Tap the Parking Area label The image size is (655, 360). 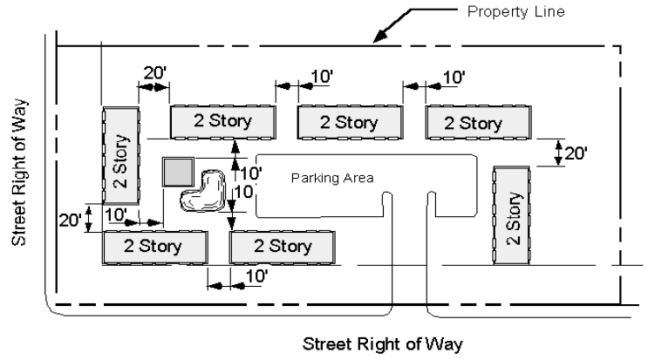pyautogui.click(x=331, y=177)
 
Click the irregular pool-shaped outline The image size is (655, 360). pyautogui.click(x=203, y=191)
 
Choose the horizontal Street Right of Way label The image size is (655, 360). pyautogui.click(x=377, y=341)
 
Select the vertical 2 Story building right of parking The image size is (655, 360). pyautogui.click(x=512, y=216)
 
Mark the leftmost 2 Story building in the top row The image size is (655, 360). pyautogui.click(x=222, y=122)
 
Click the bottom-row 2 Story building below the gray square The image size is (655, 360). pyautogui.click(x=155, y=246)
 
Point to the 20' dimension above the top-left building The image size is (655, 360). pyautogui.click(x=155, y=75)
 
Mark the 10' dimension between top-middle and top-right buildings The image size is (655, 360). pyautogui.click(x=453, y=77)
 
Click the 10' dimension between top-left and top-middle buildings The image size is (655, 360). pyautogui.click(x=320, y=77)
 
